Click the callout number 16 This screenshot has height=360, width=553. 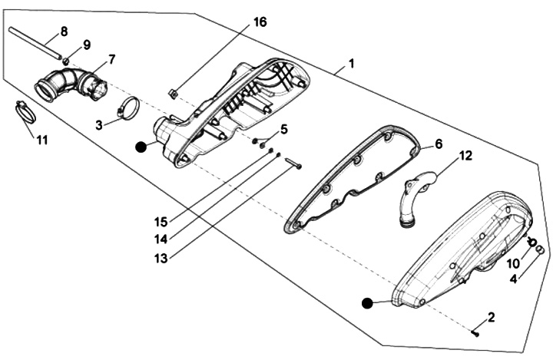coord(260,22)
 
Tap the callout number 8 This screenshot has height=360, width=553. coord(64,32)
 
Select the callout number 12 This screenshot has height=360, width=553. coord(465,156)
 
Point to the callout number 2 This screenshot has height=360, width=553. coord(491,316)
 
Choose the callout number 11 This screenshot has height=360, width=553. coord(41,140)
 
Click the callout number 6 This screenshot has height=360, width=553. coord(439,144)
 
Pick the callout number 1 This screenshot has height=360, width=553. coord(350,64)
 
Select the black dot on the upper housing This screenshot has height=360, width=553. coord(141,147)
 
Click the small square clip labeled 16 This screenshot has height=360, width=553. coord(174,94)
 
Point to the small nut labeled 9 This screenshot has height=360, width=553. coord(67,59)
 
